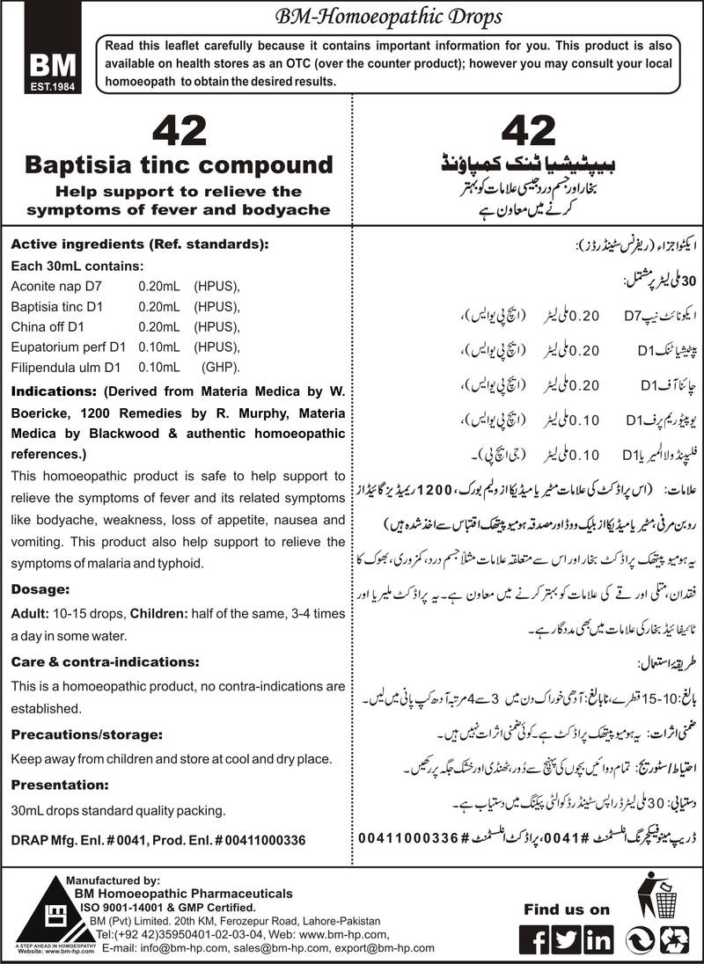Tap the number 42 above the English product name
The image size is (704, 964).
179,131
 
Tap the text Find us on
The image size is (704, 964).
566,909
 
